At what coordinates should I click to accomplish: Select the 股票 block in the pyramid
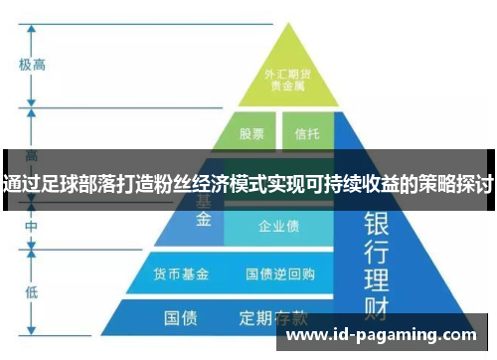(x=250, y=132)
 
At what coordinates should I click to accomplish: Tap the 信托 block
(x=306, y=132)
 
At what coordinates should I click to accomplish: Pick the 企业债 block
(x=278, y=227)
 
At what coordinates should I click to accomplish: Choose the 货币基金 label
(x=180, y=271)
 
